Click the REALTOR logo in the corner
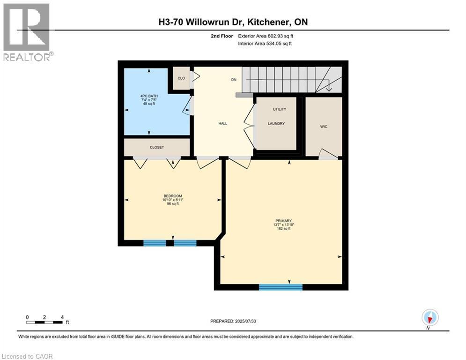(x=27, y=31)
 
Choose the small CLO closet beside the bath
(x=181, y=78)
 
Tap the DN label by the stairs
(x=234, y=80)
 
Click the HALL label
(x=222, y=123)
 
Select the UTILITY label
(x=279, y=109)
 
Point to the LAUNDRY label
(x=276, y=124)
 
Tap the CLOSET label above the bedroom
(x=157, y=147)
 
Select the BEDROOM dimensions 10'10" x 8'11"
(x=173, y=200)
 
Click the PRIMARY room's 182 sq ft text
(x=284, y=229)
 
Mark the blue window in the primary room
(x=281, y=287)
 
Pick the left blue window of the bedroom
(x=155, y=243)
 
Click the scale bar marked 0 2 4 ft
(x=45, y=322)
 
